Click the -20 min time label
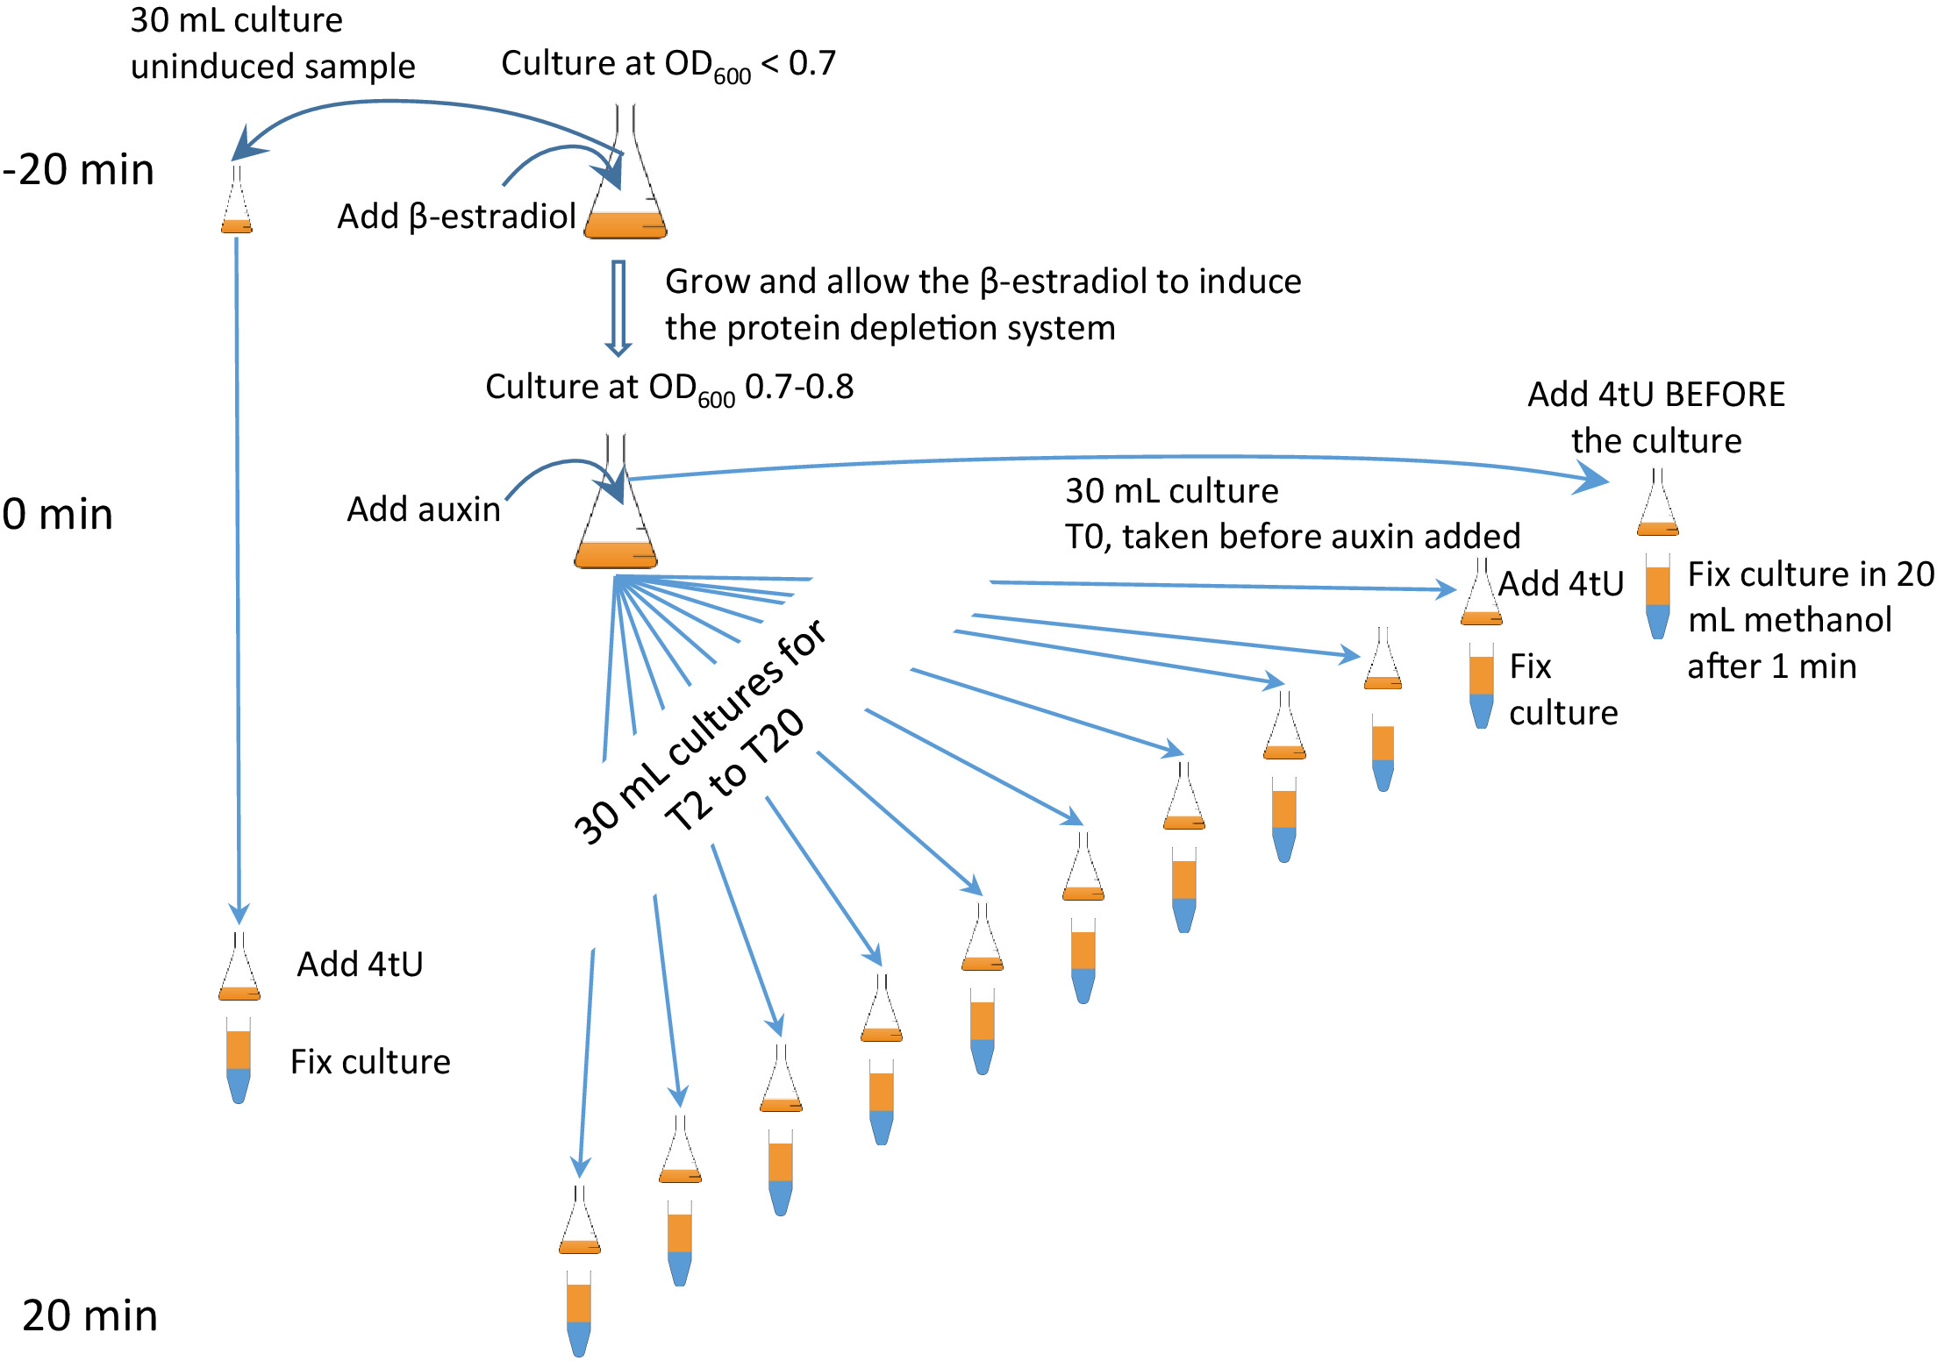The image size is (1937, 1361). pyautogui.click(x=78, y=169)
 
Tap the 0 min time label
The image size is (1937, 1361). pyautogui.click(x=58, y=514)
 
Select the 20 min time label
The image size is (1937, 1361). pyautogui.click(x=89, y=1315)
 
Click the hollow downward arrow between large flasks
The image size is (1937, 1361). pyautogui.click(x=618, y=308)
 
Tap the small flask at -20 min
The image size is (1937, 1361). pyautogui.click(x=237, y=199)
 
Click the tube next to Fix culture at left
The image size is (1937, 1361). pyautogui.click(x=239, y=1060)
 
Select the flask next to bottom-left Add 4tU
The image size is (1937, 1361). pyautogui.click(x=239, y=966)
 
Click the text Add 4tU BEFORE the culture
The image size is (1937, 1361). pyautogui.click(x=1656, y=417)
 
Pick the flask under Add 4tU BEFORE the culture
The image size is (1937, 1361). pyautogui.click(x=1658, y=502)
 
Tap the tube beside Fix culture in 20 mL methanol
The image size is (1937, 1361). pyautogui.click(x=1658, y=595)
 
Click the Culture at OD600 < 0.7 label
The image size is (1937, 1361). pyautogui.click(x=668, y=66)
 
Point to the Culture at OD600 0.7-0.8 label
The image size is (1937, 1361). pyautogui.click(x=669, y=388)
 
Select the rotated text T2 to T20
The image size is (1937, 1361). pyautogui.click(x=734, y=769)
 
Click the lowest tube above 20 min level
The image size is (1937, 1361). pyautogui.click(x=579, y=1314)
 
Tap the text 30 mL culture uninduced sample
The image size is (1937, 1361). pyautogui.click(x=273, y=43)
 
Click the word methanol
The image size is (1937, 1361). pyautogui.click(x=1790, y=620)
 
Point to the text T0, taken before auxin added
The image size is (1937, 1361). pyautogui.click(x=1292, y=536)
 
